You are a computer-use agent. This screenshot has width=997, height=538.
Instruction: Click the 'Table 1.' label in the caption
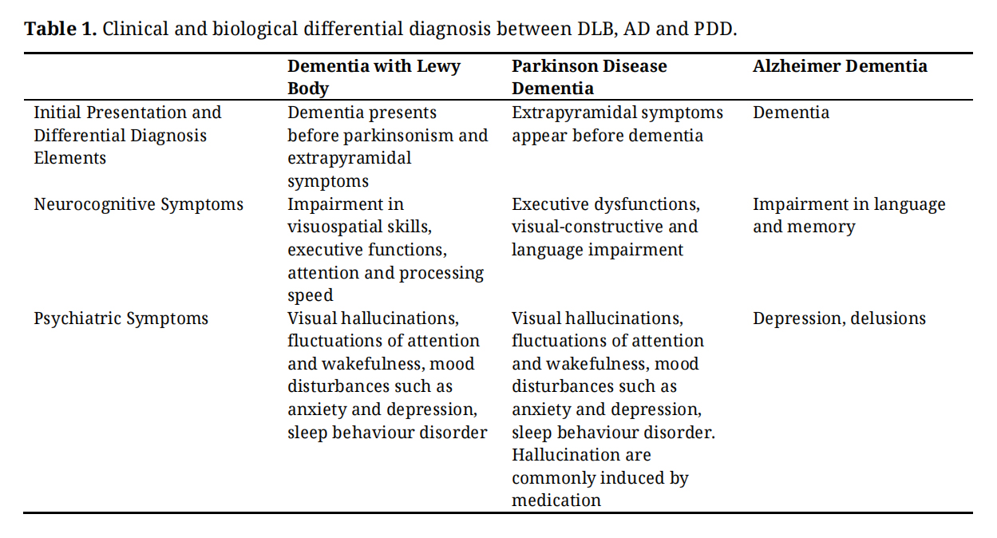click(x=61, y=30)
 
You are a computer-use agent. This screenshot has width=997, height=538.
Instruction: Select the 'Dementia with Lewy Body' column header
click(x=374, y=77)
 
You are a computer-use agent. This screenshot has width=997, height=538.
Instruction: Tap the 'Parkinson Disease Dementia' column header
click(x=589, y=77)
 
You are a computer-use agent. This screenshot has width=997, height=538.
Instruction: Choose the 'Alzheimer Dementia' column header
click(x=840, y=66)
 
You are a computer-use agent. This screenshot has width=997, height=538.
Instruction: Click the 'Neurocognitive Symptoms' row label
click(x=138, y=204)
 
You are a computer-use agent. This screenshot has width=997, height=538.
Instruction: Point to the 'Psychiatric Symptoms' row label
click(x=121, y=318)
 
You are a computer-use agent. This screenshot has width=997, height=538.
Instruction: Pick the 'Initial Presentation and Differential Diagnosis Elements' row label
click(x=127, y=135)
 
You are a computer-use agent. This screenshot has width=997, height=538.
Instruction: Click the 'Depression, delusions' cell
click(x=839, y=318)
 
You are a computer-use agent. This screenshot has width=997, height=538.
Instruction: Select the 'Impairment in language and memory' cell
click(x=849, y=216)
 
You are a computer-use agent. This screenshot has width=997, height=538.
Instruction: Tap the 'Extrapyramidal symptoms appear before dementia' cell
click(x=617, y=124)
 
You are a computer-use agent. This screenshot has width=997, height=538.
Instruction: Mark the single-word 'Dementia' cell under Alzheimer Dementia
click(x=790, y=113)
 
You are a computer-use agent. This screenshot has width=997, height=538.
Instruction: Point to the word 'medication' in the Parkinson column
click(x=556, y=500)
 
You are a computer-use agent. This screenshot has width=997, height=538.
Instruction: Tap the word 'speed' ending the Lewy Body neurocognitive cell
click(x=311, y=296)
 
